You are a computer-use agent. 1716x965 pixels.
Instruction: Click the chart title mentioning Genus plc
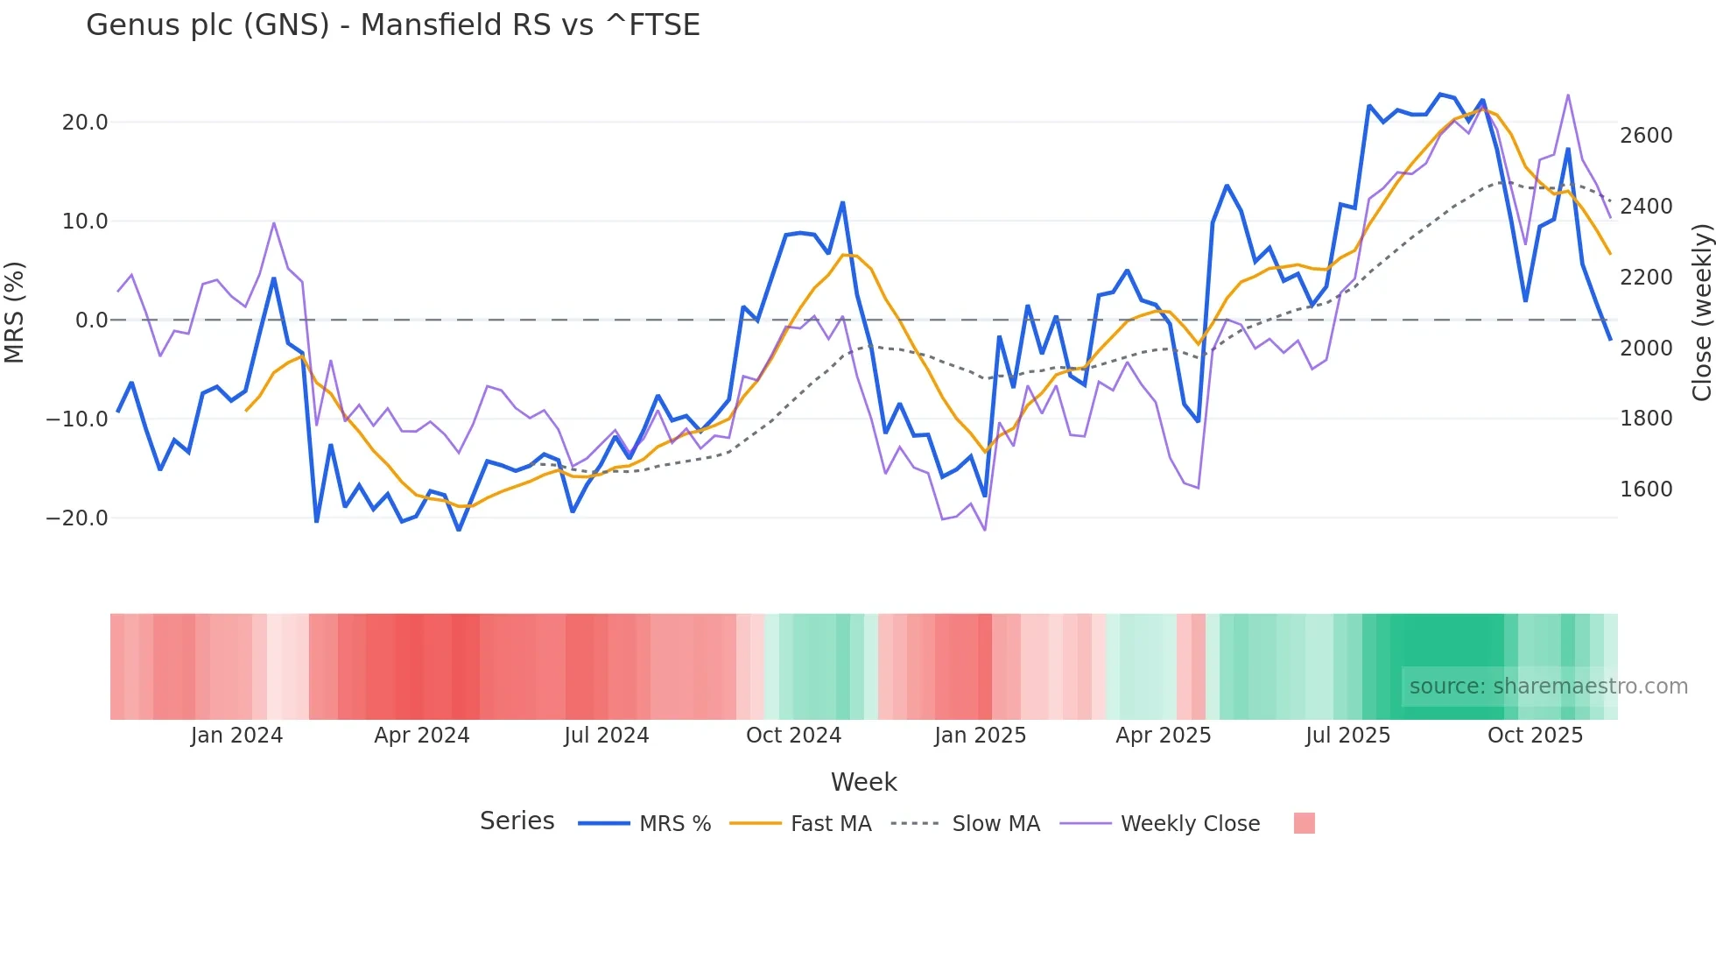393,25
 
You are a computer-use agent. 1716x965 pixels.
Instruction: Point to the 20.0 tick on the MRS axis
85,123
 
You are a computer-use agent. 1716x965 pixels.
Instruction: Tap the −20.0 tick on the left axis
77,518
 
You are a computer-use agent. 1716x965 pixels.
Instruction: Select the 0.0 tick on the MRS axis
91,320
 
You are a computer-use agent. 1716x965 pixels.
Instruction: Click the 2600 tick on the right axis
1646,136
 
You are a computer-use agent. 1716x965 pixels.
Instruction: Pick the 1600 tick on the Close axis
1646,490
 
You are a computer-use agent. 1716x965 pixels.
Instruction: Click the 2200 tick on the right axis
1646,278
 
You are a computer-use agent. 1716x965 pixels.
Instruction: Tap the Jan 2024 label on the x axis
236,736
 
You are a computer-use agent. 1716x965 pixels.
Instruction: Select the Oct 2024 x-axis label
793,736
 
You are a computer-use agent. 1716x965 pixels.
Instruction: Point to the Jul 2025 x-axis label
1347,736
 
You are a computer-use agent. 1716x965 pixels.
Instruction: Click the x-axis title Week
863,782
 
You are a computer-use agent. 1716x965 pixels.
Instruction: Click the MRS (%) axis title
15,312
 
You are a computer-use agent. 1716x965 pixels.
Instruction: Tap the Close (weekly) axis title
1701,313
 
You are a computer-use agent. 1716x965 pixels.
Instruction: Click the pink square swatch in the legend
1304,823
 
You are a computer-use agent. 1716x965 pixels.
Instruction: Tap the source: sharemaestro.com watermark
1548,687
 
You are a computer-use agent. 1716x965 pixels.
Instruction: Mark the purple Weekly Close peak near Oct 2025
1568,95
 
